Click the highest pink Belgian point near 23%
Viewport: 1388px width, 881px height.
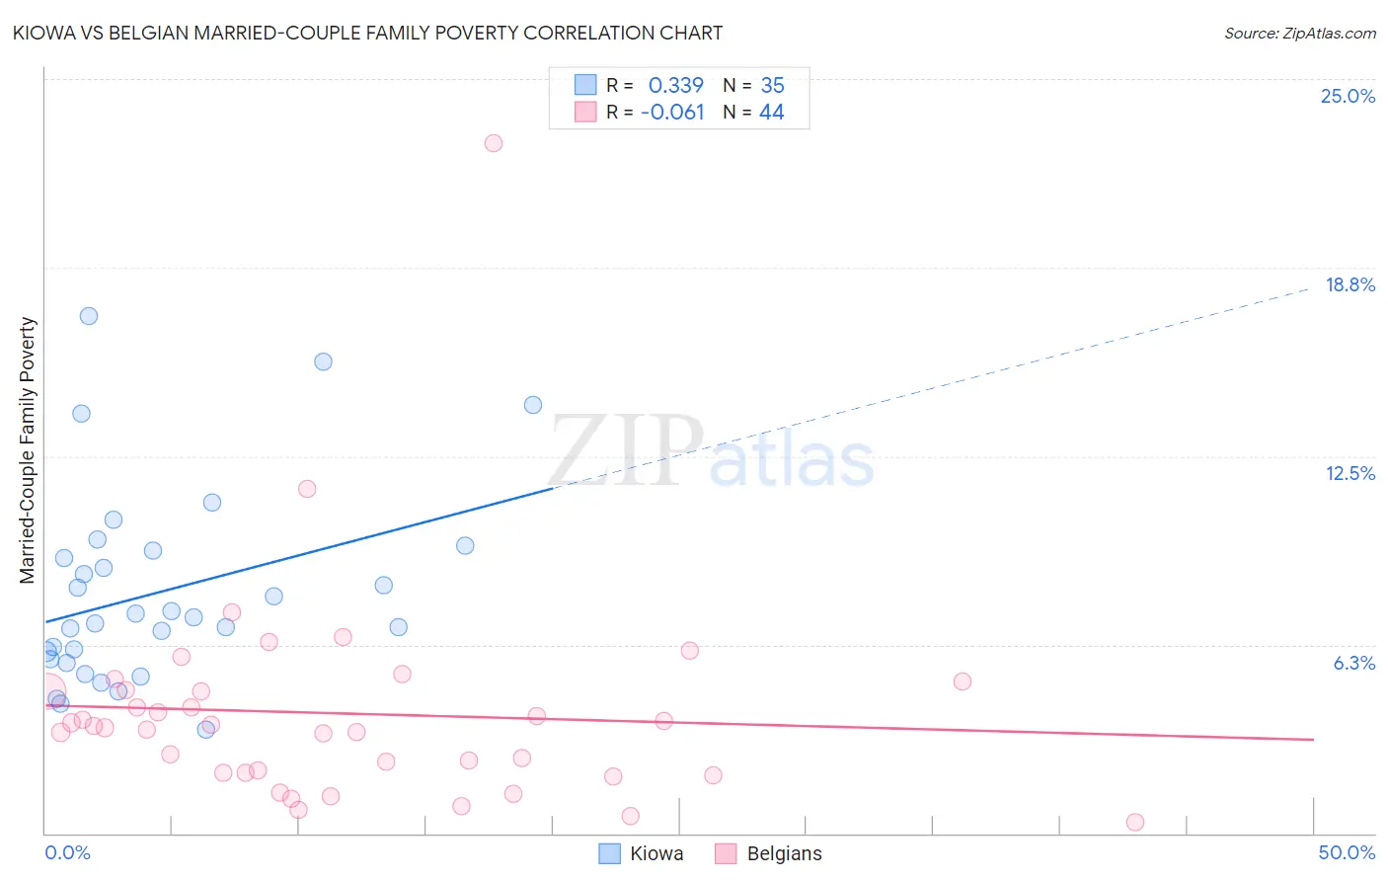click(494, 143)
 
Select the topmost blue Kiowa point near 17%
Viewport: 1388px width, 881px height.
click(89, 316)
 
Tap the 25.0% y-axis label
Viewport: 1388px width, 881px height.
click(1348, 96)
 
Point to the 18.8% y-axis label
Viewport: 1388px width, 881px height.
click(1349, 284)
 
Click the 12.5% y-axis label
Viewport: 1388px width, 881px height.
click(1349, 473)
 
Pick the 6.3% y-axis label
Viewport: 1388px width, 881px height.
click(1353, 663)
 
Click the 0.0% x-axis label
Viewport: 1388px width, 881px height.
click(67, 852)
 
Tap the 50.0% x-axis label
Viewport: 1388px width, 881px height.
click(1347, 852)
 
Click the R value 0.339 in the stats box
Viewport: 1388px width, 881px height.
click(675, 85)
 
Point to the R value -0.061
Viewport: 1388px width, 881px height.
click(672, 112)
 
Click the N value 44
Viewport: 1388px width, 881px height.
click(771, 112)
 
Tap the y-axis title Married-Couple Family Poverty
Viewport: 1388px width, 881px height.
click(28, 450)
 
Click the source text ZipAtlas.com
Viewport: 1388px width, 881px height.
click(1299, 33)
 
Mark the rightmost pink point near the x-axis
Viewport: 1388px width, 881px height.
click(1135, 823)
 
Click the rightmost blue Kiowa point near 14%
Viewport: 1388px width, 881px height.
click(533, 405)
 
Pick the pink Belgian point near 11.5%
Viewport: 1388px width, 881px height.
click(307, 489)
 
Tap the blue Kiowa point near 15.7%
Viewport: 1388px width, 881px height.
click(323, 361)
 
